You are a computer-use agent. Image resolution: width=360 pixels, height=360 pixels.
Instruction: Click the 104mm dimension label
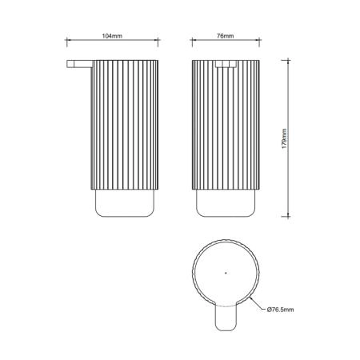[x=112, y=36]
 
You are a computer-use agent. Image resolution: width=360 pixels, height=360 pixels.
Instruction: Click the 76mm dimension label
[x=225, y=36]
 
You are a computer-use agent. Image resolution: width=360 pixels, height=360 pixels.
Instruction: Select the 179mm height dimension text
[x=285, y=138]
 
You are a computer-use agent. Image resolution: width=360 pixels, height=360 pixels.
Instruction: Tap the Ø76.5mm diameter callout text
[x=280, y=310]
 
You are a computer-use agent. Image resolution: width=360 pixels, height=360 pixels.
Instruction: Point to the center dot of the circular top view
[x=226, y=273]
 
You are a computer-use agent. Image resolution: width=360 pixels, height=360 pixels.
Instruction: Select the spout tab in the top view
[x=226, y=318]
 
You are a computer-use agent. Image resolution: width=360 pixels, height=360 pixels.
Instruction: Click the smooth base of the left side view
[x=125, y=203]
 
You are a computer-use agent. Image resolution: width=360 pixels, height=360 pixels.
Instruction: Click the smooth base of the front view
[x=226, y=203]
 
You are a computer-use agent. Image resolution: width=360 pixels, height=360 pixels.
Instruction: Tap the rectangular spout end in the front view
[x=226, y=64]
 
